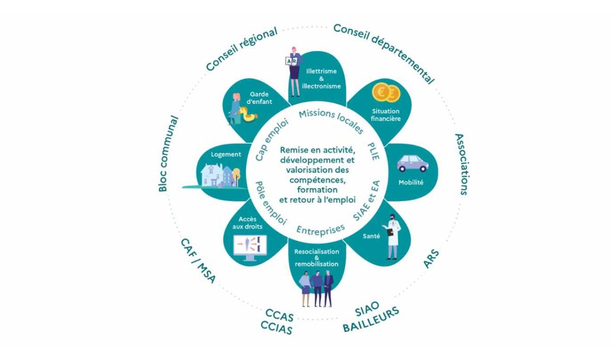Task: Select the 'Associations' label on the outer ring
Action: pyautogui.click(x=461, y=164)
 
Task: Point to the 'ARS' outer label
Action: pyautogui.click(x=431, y=259)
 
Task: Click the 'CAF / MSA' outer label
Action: pyautogui.click(x=198, y=260)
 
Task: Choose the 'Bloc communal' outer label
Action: pyautogui.click(x=168, y=154)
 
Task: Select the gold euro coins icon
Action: pyautogui.click(x=386, y=92)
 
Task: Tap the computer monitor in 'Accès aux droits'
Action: pyautogui.click(x=250, y=247)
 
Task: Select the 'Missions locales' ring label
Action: pyautogui.click(x=331, y=120)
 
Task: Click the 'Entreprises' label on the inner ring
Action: pyautogui.click(x=320, y=229)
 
